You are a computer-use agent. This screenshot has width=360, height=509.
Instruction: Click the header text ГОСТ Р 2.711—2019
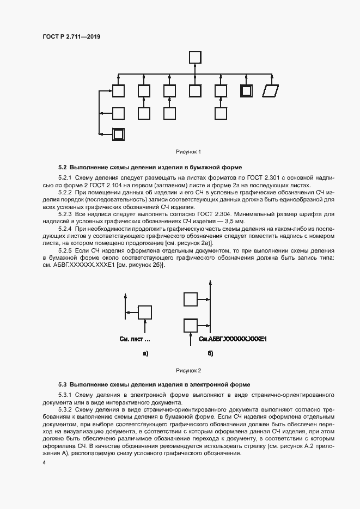pyautogui.click(x=71, y=36)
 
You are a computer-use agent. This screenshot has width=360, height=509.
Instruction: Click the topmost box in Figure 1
pyautogui.click(x=195, y=57)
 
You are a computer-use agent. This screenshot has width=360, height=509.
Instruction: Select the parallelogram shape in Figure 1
pyautogui.click(x=270, y=91)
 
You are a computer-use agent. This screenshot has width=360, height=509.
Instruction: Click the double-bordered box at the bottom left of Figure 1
pyautogui.click(x=118, y=134)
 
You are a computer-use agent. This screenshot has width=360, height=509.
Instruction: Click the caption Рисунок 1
pyautogui.click(x=188, y=151)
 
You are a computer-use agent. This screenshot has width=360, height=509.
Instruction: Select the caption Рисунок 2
pyautogui.click(x=188, y=370)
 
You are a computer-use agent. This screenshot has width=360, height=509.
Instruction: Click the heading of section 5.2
pyautogui.click(x=150, y=167)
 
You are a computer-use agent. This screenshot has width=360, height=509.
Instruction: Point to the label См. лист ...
pyautogui.click(x=134, y=339)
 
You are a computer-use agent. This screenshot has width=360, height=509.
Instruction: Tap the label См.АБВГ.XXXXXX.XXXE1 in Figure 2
pyautogui.click(x=232, y=339)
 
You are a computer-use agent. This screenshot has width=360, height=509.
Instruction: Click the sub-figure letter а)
pyautogui.click(x=145, y=354)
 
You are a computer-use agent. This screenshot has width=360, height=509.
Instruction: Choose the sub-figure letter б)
pyautogui.click(x=210, y=354)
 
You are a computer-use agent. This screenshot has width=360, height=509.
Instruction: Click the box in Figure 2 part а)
pyautogui.click(x=145, y=312)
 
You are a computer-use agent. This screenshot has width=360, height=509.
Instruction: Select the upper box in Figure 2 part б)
pyautogui.click(x=191, y=299)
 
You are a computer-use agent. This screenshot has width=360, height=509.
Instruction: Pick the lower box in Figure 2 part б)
pyautogui.click(x=191, y=325)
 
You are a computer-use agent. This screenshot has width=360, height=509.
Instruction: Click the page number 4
pyautogui.click(x=44, y=463)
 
